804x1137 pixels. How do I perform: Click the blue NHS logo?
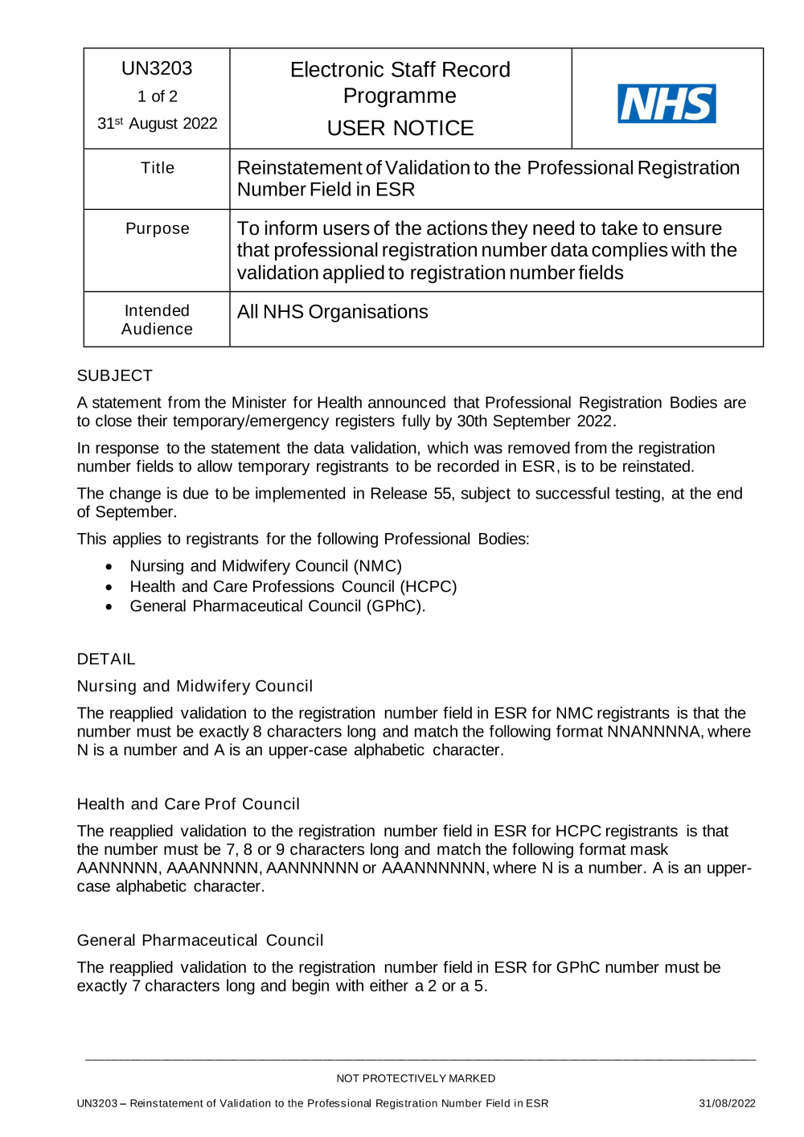coord(667,104)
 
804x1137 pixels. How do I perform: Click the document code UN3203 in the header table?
coord(157,69)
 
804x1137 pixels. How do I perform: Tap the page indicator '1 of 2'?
coord(157,96)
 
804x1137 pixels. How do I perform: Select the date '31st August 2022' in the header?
coord(157,123)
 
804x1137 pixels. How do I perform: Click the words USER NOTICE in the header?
coord(400,128)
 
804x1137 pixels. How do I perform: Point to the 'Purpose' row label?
coord(157,228)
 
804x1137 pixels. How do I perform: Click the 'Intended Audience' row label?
coord(157,320)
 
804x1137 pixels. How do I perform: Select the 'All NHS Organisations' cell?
coord(332,312)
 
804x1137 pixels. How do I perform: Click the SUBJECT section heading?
coord(114,376)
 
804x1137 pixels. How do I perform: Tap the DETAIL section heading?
coord(106,659)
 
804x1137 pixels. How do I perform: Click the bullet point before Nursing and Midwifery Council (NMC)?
coord(109,567)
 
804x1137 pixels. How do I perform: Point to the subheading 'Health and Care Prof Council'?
coord(188,804)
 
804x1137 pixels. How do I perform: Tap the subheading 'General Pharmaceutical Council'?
coord(200,940)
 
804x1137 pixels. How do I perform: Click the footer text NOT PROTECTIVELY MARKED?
coord(416,1078)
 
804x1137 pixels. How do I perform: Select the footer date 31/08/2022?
coord(727,1103)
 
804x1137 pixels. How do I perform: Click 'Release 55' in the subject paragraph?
coord(410,494)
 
